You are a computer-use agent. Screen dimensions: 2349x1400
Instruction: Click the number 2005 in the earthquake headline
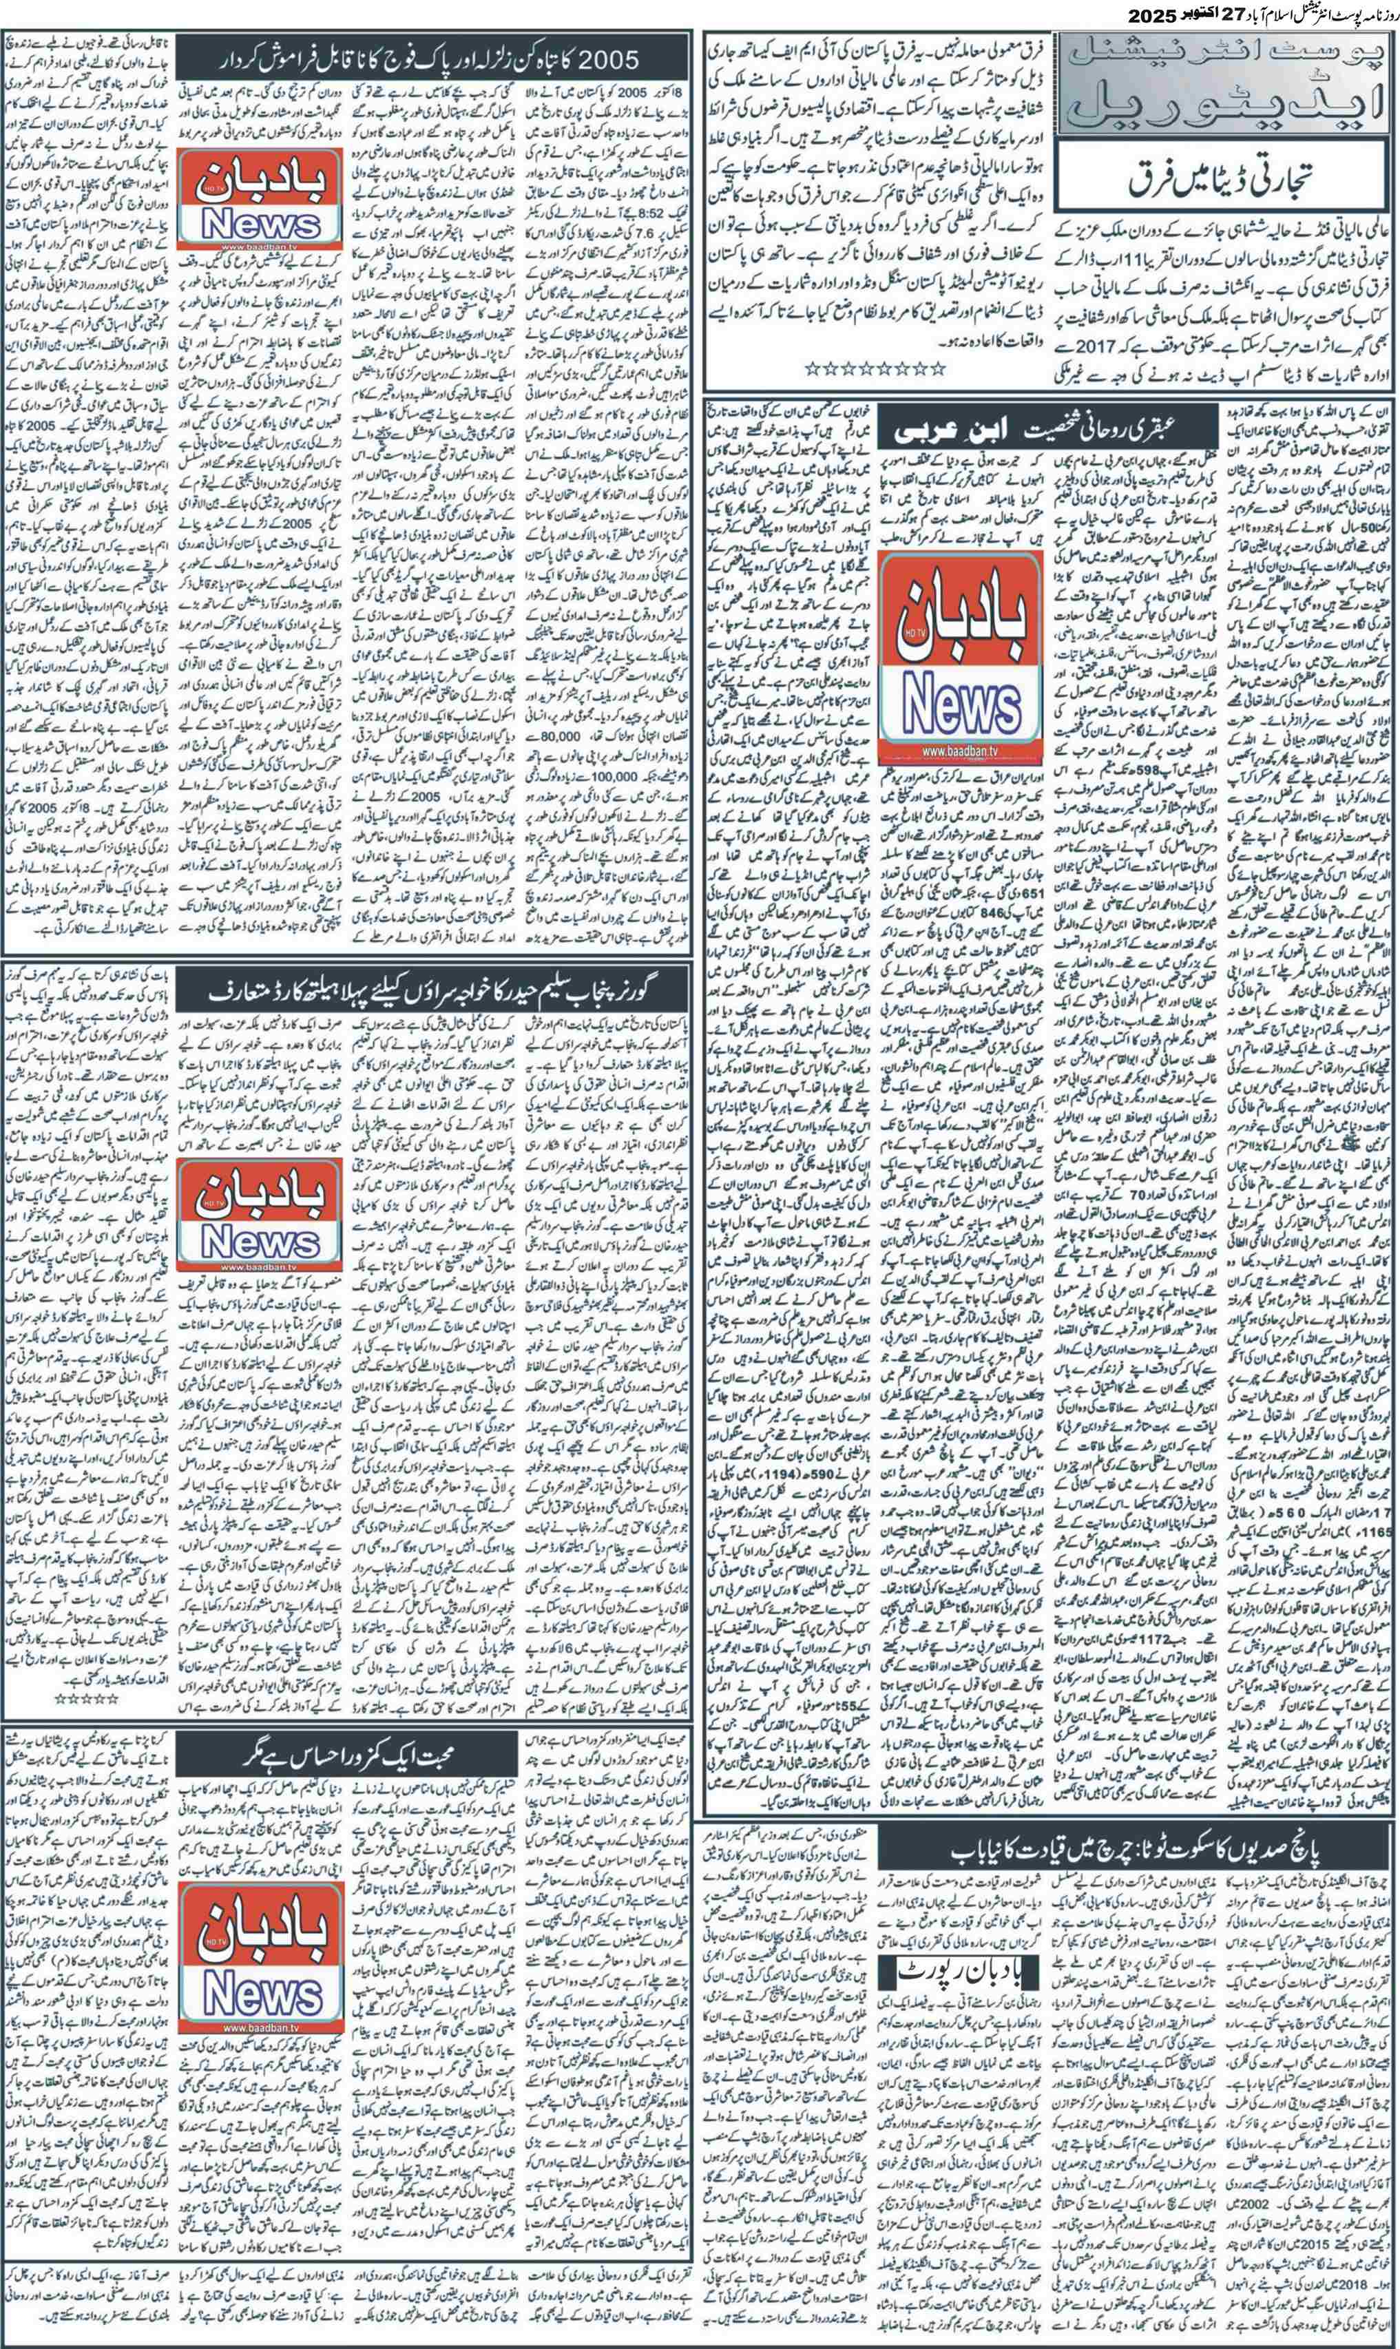pyautogui.click(x=600, y=61)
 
